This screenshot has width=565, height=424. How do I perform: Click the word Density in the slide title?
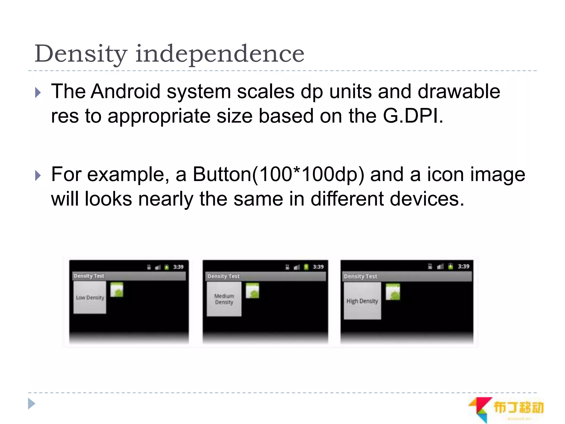coord(81,54)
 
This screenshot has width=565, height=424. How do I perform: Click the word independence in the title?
coord(220,54)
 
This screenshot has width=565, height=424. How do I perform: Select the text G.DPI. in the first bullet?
coord(413,116)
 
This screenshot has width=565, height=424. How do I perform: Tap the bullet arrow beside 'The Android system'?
coord(38,92)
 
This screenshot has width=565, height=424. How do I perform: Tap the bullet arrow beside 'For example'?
coord(38,176)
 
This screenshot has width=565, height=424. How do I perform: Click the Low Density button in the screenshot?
coord(90,298)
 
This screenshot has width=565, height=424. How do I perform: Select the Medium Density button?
coord(224,299)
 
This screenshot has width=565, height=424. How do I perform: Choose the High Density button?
coord(362,301)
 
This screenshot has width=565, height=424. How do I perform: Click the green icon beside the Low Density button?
coord(117,290)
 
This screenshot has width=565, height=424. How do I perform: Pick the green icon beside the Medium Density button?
coord(252,291)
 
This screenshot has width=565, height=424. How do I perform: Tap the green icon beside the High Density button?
coord(393,292)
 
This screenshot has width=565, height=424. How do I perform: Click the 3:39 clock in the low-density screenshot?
coord(178,267)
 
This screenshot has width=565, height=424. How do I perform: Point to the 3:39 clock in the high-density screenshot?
coord(463,266)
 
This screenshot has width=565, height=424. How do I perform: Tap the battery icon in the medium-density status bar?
coord(306,267)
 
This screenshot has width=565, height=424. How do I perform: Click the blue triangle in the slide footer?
coord(32,404)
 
